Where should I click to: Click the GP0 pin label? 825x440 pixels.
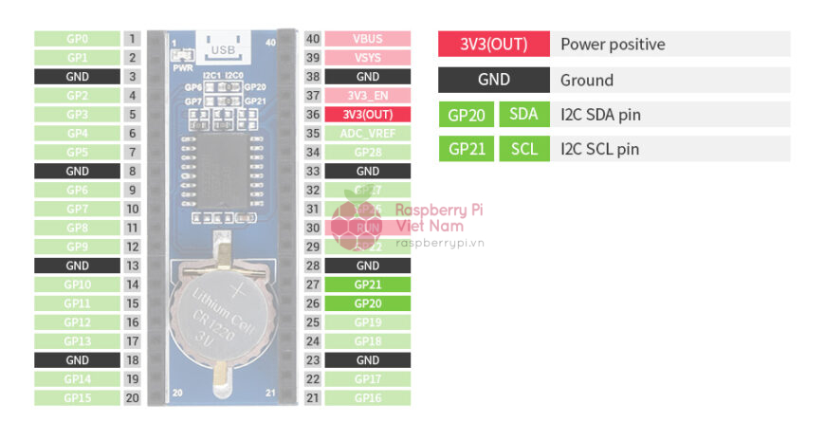(77, 39)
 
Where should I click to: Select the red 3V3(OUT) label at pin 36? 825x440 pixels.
(368, 114)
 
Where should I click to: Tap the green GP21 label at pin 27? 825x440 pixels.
(368, 284)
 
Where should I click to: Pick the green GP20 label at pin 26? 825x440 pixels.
(368, 303)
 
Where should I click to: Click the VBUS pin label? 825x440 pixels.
(368, 39)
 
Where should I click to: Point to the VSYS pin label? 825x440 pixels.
(368, 58)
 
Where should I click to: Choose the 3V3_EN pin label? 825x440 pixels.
(368, 96)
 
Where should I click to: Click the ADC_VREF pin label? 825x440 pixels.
(368, 134)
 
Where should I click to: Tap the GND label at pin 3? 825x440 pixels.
(77, 77)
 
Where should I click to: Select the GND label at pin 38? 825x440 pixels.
(368, 77)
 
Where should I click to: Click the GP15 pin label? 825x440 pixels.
(77, 398)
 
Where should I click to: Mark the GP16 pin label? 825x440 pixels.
(368, 398)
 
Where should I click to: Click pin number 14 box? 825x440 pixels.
(132, 284)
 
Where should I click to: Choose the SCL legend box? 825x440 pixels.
(523, 149)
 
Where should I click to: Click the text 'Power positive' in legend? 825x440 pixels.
(613, 44)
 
